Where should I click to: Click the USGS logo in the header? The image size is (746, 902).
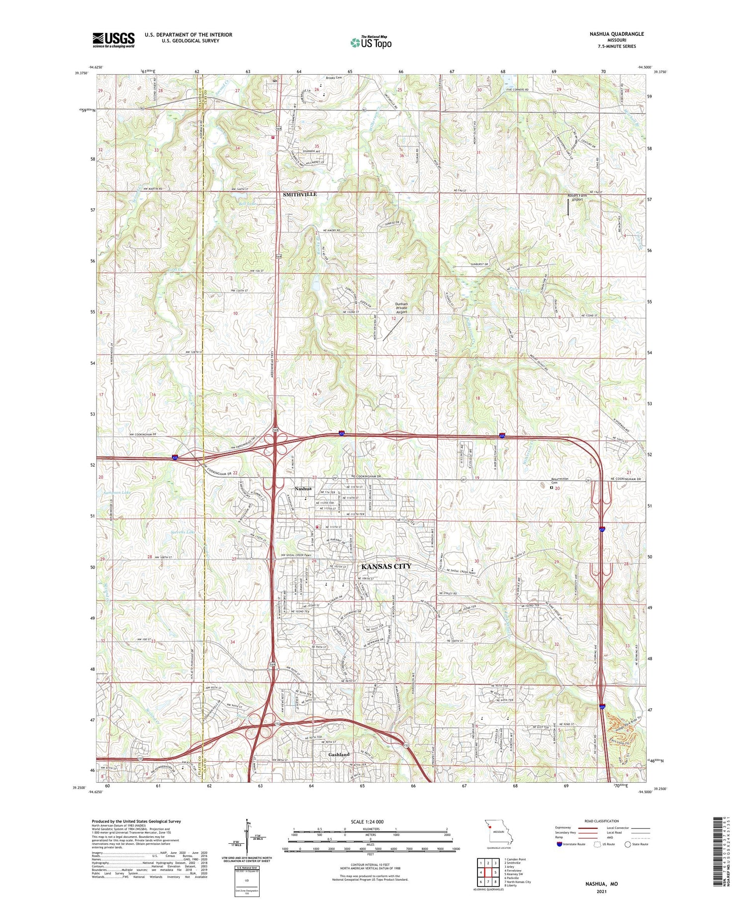click(x=113, y=40)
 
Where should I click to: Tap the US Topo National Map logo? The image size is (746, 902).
click(x=371, y=43)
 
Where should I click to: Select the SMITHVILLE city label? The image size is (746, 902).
click(x=299, y=195)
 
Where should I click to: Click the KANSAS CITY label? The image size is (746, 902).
click(x=386, y=566)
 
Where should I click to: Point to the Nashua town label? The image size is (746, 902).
click(x=303, y=489)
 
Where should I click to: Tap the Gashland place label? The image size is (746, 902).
click(x=339, y=754)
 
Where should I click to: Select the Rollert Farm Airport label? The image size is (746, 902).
click(x=577, y=198)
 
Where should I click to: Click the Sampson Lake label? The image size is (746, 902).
click(x=116, y=493)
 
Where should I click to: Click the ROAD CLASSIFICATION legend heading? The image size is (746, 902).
click(x=602, y=821)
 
